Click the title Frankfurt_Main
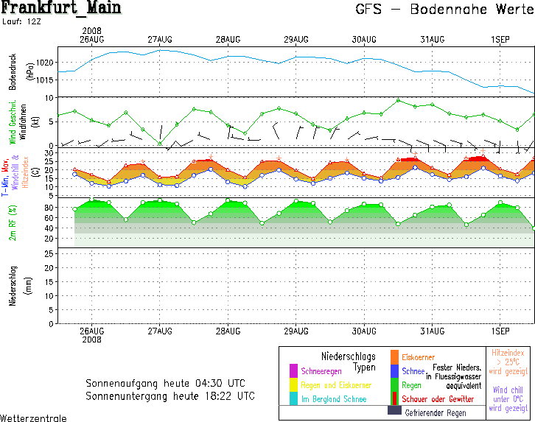[x=61, y=9]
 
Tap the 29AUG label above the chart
[x=296, y=39]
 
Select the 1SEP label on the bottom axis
[x=500, y=331]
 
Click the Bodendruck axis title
[x=12, y=71]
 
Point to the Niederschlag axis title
[x=12, y=286]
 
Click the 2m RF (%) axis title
[x=12, y=222]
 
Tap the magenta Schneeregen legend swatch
[x=293, y=370]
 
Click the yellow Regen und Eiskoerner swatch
[x=293, y=384]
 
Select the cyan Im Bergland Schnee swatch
[x=293, y=398]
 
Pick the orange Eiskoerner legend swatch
[x=394, y=357]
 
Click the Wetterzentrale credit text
[x=33, y=418]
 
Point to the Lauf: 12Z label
[x=23, y=22]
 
